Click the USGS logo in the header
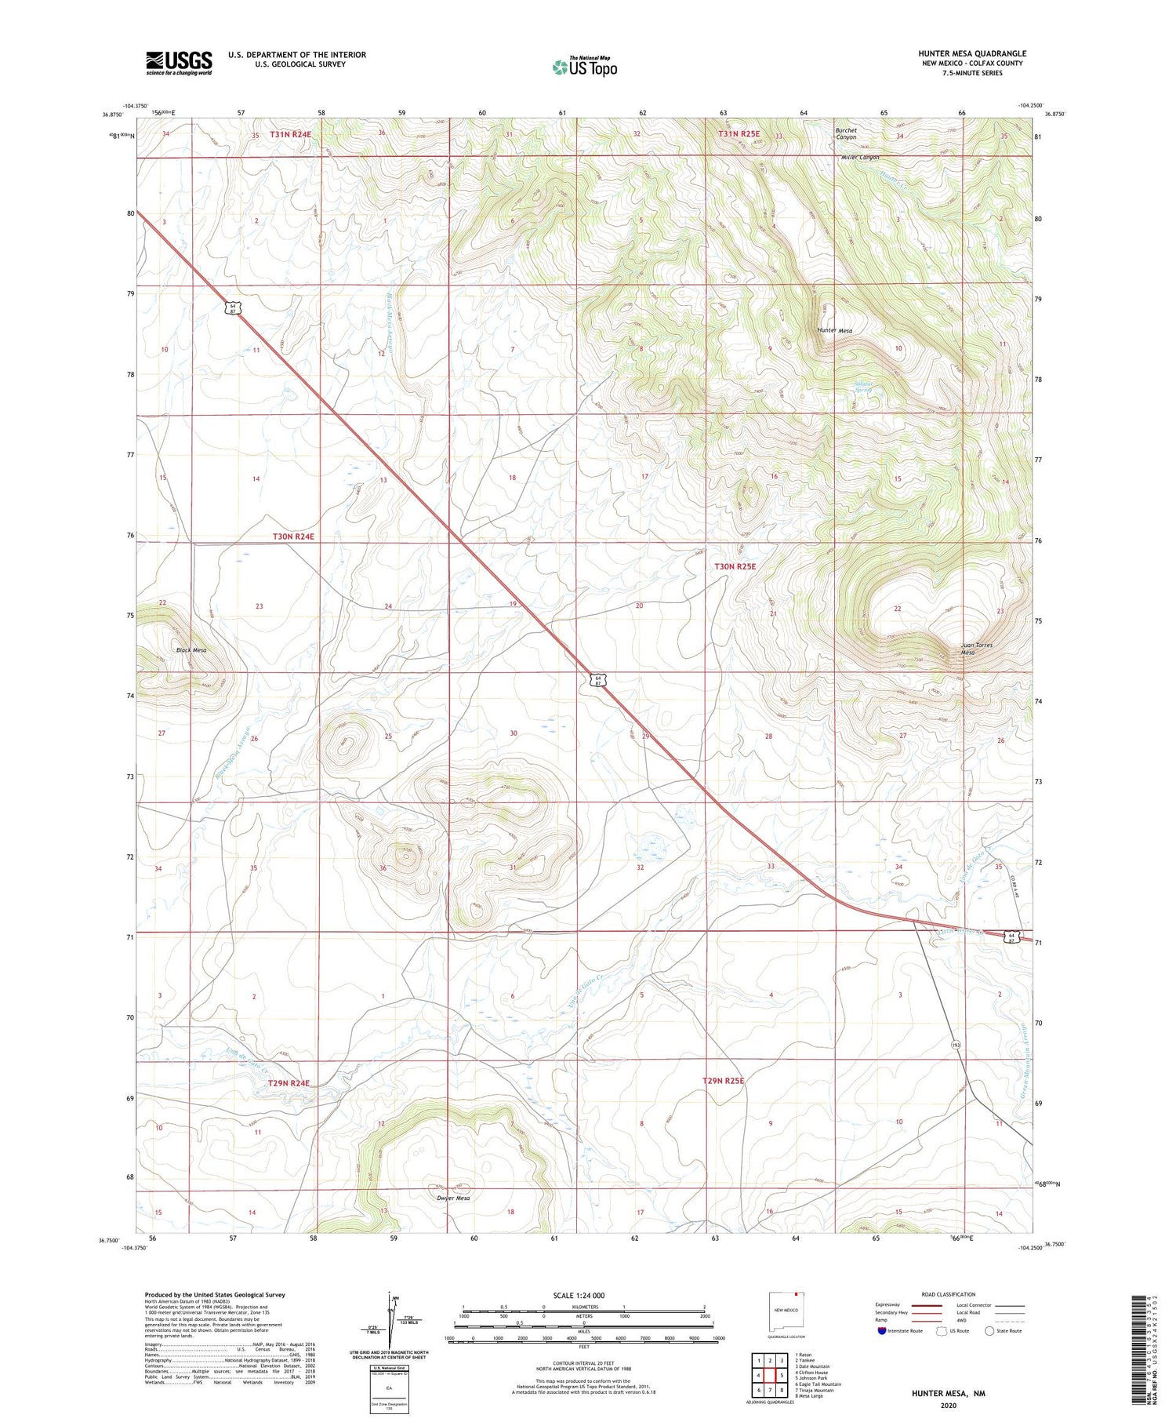click(x=179, y=63)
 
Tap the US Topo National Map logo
click(x=584, y=67)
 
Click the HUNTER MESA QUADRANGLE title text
click(x=971, y=53)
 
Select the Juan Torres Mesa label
click(x=977, y=649)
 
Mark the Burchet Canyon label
click(x=845, y=133)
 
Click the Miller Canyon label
click(x=860, y=158)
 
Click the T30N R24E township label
click(x=293, y=536)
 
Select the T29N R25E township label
click(x=722, y=1081)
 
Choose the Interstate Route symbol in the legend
click(x=882, y=1331)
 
